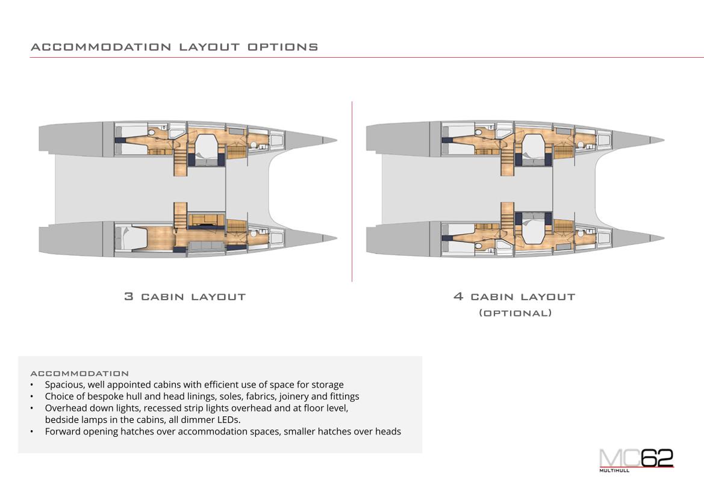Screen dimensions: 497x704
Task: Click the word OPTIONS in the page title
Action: (283, 47)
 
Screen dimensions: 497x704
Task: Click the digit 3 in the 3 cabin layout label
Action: (128, 297)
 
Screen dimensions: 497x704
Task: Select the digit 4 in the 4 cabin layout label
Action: (458, 297)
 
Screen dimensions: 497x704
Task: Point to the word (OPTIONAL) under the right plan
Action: (515, 313)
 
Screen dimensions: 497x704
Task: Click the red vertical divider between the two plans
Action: (352, 193)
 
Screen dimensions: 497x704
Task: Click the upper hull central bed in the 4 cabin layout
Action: (534, 148)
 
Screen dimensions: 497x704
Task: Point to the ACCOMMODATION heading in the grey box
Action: (79, 374)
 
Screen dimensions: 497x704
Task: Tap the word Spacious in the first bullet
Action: (64, 384)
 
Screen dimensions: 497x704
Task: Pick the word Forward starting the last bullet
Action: (63, 431)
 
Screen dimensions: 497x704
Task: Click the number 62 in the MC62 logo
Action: (656, 458)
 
